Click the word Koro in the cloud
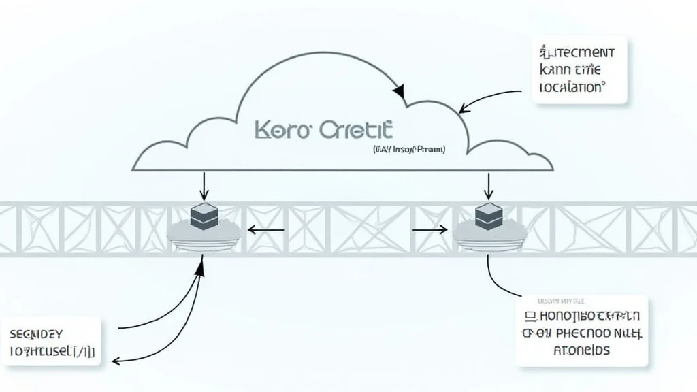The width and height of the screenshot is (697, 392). [276, 131]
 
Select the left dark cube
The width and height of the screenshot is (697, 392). [203, 216]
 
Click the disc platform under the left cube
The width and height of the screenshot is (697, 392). [203, 235]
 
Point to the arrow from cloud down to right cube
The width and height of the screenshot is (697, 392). [488, 184]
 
